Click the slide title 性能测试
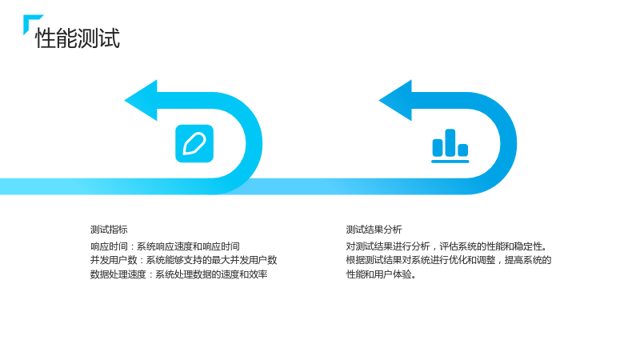point(78,38)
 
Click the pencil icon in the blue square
point(194,144)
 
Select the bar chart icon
point(450,146)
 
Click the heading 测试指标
point(109,230)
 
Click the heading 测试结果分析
point(374,230)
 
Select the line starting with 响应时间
point(165,246)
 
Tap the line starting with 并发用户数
point(184,260)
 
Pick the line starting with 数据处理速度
point(178,274)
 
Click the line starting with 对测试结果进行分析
point(446,246)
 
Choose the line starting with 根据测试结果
point(449,260)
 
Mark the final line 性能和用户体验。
point(382,274)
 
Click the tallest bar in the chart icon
point(450,142)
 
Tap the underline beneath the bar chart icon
point(450,162)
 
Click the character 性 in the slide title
point(46,38)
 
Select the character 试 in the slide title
point(110,38)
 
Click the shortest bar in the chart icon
point(463,150)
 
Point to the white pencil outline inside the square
point(194,144)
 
